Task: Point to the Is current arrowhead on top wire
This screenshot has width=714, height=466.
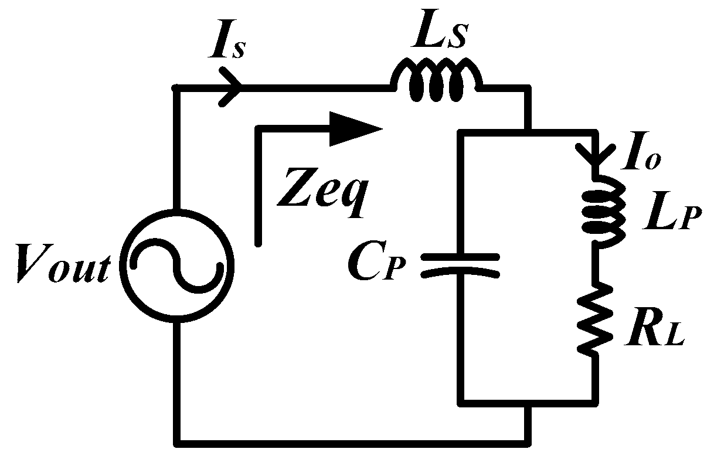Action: click(x=232, y=88)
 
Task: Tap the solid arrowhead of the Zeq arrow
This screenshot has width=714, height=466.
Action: click(x=355, y=128)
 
